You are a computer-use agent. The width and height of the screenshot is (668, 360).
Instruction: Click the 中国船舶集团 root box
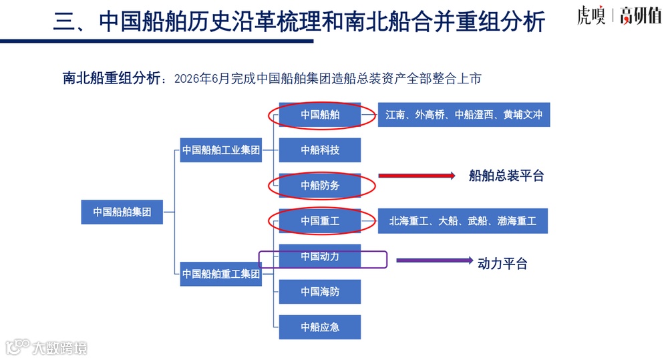122,212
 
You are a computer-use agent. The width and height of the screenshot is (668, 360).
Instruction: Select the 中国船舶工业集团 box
221,150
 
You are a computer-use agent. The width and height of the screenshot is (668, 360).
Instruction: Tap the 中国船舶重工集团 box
221,274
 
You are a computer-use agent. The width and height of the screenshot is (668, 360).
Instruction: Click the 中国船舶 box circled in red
320,115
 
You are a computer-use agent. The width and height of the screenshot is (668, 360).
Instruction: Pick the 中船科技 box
320,150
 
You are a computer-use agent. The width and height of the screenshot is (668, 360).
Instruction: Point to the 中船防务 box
320,186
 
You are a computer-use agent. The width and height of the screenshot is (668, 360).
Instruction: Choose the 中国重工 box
320,221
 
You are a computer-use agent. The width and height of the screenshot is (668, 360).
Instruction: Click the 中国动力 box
320,256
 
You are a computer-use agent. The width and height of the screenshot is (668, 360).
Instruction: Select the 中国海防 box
320,292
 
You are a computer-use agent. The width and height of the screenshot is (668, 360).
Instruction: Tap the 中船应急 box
320,327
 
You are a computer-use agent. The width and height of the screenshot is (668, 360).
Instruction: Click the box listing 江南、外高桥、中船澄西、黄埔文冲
464,115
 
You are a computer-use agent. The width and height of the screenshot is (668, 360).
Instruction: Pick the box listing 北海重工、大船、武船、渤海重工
463,221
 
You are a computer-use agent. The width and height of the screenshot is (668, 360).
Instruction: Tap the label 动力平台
502,264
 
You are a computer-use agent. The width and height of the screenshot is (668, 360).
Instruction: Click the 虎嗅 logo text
591,16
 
